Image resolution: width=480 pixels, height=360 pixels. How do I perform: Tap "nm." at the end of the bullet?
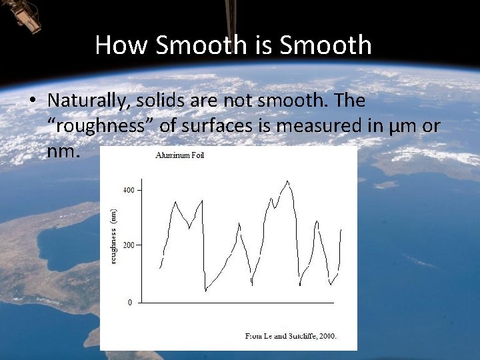point(64,152)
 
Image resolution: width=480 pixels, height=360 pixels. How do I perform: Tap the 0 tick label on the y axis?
point(130,303)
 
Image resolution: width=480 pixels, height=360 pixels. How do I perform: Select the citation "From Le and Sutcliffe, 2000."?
point(291,336)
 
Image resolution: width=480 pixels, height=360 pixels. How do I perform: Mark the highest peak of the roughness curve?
point(287,181)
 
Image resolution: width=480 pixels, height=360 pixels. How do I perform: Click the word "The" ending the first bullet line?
point(350,101)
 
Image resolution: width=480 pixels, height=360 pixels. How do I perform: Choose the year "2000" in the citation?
point(326,336)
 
